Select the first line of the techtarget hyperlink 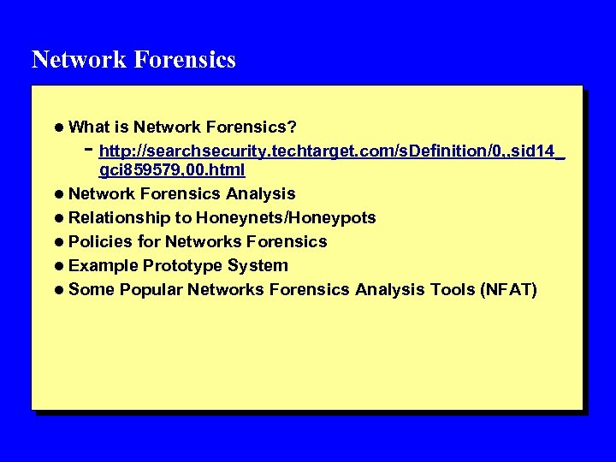[x=332, y=152]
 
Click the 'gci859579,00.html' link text [x=172, y=172]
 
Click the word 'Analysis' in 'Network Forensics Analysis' [x=260, y=194]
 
